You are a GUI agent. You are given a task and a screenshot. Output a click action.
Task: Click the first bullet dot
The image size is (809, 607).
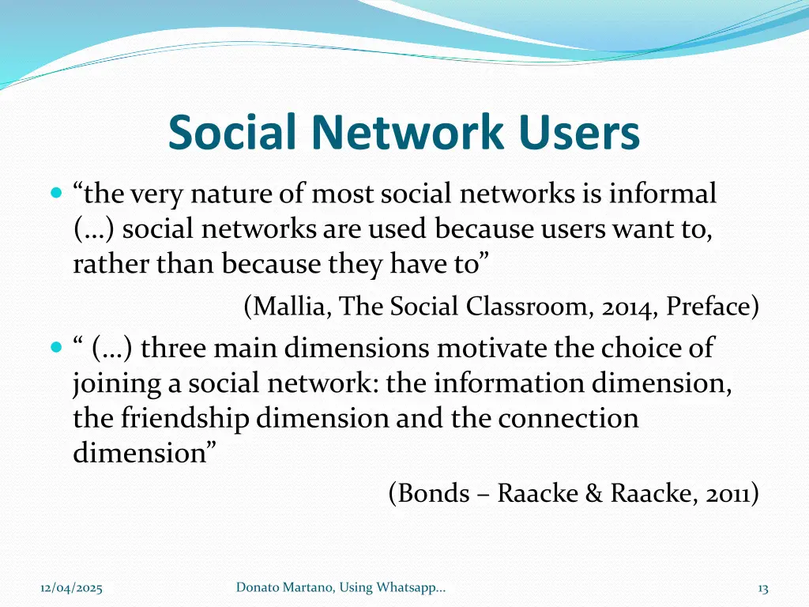[55, 193]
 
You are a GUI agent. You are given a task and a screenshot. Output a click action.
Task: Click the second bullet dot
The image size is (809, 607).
[55, 348]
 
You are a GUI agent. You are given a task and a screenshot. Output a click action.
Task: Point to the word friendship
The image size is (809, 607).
[186, 417]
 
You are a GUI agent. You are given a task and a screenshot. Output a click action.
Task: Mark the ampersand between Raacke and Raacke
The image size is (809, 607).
[593, 493]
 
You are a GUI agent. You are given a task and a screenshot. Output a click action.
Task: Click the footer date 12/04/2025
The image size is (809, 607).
[71, 587]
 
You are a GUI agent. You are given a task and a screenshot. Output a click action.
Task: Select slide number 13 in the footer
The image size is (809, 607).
[762, 587]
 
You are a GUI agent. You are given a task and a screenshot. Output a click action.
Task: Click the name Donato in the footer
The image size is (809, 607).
[256, 587]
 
